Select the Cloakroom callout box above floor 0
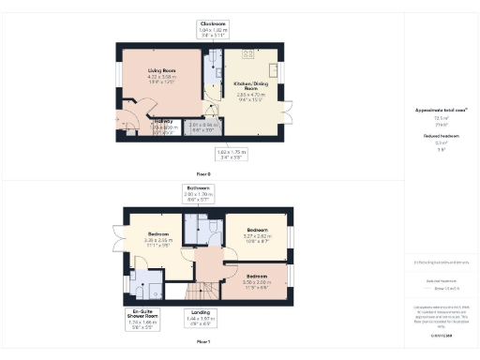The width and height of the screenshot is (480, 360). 213,27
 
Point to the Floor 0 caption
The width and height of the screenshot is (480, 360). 202,174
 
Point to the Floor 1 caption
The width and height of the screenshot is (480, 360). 202,342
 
